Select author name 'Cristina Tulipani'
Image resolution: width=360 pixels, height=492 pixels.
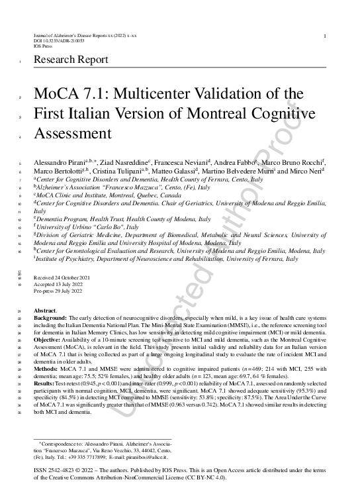[x=116, y=171]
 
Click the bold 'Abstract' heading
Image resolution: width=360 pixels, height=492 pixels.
[x=45, y=311]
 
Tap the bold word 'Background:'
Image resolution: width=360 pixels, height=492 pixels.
[x=49, y=318]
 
